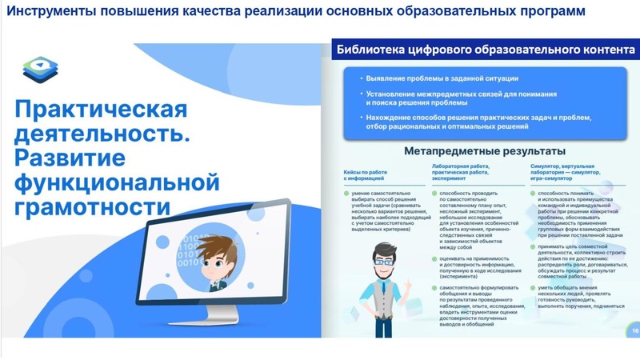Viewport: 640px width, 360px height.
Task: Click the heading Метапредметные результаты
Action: (x=486, y=150)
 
